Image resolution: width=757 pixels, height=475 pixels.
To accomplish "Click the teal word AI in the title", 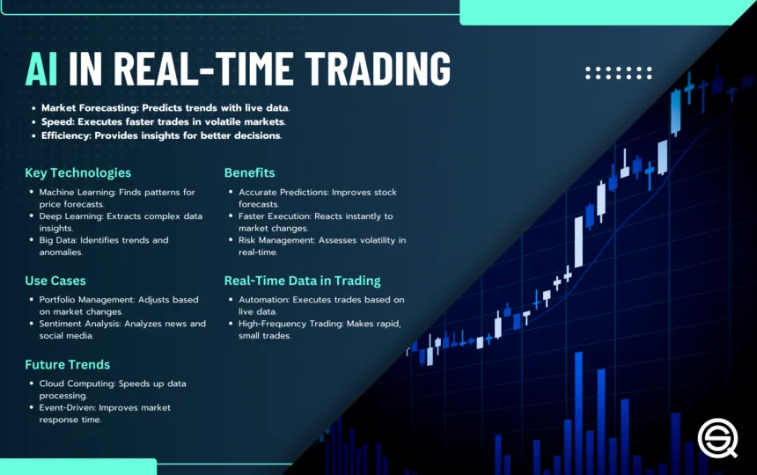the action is tap(41, 69).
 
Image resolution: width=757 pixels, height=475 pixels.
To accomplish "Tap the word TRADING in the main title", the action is tap(378, 69).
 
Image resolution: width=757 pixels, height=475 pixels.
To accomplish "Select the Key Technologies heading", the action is tap(77, 172).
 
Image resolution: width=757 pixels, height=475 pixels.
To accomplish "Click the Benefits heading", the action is tap(250, 172).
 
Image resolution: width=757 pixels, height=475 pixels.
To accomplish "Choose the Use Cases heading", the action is tap(55, 281).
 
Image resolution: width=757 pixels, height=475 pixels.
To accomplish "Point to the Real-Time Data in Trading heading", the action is tap(302, 281).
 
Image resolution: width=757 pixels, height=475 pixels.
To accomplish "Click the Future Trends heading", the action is tap(68, 364).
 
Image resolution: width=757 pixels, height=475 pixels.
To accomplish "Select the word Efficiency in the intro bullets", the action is tap(66, 135).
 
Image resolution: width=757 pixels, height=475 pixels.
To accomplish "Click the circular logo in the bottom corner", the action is tap(718, 438).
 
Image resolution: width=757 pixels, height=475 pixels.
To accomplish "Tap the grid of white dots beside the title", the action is tap(619, 73).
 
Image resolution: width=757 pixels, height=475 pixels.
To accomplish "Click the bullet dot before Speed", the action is tap(33, 122).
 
